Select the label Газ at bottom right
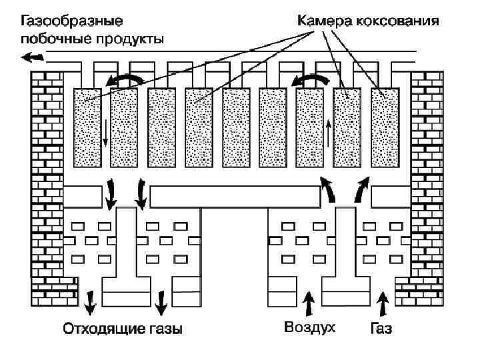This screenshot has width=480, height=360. pos(381,329)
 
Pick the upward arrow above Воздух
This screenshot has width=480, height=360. pos(308,305)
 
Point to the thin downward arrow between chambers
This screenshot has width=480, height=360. pos(105,133)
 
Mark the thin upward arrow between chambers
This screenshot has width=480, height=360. pos(329,133)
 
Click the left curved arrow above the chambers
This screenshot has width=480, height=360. pos(127,81)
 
